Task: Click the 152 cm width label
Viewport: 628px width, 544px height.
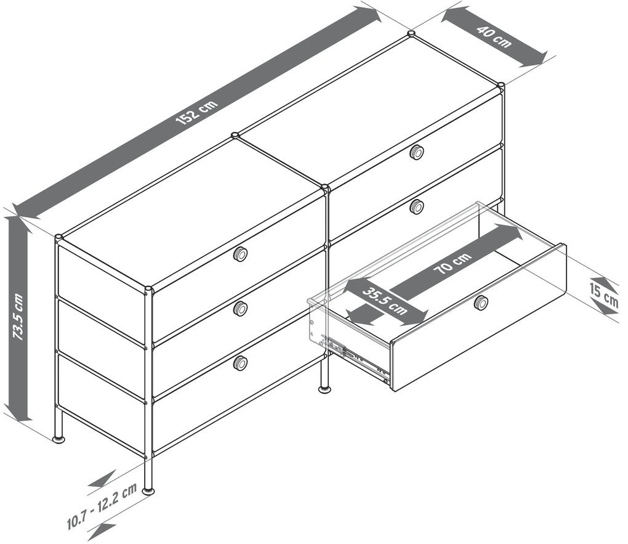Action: pyautogui.click(x=197, y=112)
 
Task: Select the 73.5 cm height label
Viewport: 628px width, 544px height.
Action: pyautogui.click(x=18, y=317)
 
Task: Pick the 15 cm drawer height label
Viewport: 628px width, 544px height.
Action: pyautogui.click(x=603, y=295)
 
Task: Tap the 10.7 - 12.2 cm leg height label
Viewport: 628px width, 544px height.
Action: pyautogui.click(x=102, y=506)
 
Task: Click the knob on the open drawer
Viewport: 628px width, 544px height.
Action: pyautogui.click(x=480, y=302)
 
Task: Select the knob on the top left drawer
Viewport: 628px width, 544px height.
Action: pyautogui.click(x=240, y=254)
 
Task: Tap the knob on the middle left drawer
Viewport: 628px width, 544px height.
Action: pyautogui.click(x=240, y=309)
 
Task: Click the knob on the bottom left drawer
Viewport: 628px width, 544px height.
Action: pyautogui.click(x=240, y=363)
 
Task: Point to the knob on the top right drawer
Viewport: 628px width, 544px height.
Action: pyautogui.click(x=417, y=152)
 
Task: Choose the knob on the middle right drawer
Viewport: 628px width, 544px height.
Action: pyautogui.click(x=417, y=206)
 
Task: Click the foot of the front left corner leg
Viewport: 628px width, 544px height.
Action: pyautogui.click(x=148, y=490)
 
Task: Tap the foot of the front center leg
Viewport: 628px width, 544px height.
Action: pyautogui.click(x=324, y=389)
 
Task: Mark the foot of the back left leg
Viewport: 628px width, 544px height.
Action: pyautogui.click(x=59, y=439)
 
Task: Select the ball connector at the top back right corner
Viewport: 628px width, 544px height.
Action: pyautogui.click(x=501, y=85)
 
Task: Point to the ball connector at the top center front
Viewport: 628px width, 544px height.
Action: pyautogui.click(x=325, y=187)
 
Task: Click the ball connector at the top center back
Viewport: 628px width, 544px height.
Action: pyautogui.click(x=235, y=136)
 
